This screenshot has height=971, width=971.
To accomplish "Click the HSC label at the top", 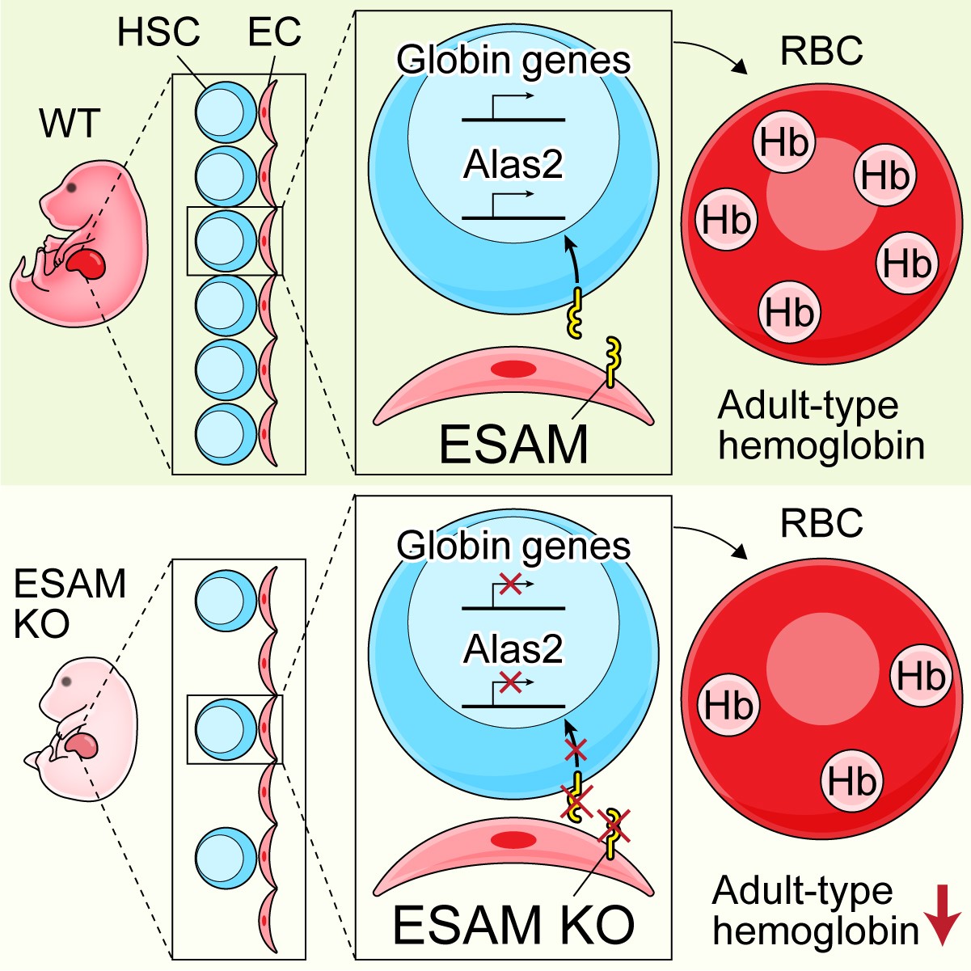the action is [158, 33].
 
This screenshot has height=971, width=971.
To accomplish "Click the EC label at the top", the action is [274, 33].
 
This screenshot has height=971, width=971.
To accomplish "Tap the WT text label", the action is [70, 124].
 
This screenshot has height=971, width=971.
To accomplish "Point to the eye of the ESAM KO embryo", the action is [65, 681].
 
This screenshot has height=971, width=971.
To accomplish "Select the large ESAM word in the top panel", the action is [513, 443].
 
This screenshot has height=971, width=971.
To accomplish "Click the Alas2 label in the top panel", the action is [513, 165].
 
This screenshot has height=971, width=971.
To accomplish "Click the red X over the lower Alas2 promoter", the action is [510, 684].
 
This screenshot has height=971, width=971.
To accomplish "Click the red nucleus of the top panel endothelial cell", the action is [514, 369].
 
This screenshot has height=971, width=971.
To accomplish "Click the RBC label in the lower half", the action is [821, 524].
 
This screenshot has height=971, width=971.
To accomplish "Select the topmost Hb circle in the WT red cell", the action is [783, 143].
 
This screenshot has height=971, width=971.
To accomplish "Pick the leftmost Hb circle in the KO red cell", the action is [728, 705].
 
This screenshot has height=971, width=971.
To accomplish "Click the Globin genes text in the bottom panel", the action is [513, 546].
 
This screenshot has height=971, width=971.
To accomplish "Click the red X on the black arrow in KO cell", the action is [575, 751].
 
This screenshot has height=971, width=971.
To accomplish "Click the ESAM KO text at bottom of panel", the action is [513, 924].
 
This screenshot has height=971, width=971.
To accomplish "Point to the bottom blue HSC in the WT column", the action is [221, 434].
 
